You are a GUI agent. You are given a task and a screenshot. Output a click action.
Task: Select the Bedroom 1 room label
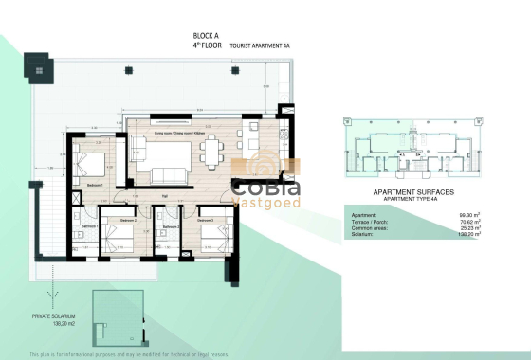(94, 185)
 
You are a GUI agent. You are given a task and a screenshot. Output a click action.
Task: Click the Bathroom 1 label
(88, 226)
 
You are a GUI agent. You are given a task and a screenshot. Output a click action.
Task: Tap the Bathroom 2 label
(170, 227)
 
